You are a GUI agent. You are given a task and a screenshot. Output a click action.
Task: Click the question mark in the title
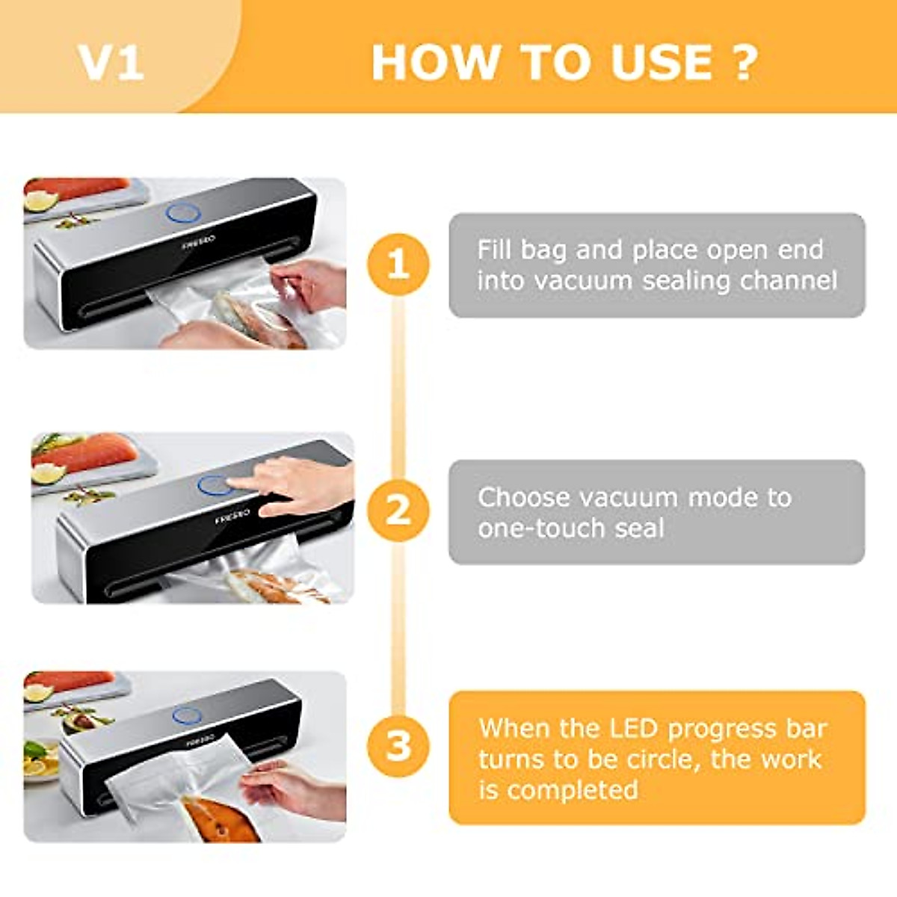(x=745, y=62)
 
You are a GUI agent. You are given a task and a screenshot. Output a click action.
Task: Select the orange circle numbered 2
(x=398, y=511)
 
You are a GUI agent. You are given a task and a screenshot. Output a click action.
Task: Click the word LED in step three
(x=635, y=728)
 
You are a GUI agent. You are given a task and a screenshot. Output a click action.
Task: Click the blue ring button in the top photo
(x=184, y=213)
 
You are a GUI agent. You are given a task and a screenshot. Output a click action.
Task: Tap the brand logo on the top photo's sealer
(x=199, y=241)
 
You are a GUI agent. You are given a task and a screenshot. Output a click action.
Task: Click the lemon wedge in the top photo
(x=41, y=200)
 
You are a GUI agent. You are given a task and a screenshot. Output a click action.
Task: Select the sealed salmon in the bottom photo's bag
(x=217, y=819)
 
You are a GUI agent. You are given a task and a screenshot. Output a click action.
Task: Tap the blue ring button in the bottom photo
(x=186, y=715)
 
